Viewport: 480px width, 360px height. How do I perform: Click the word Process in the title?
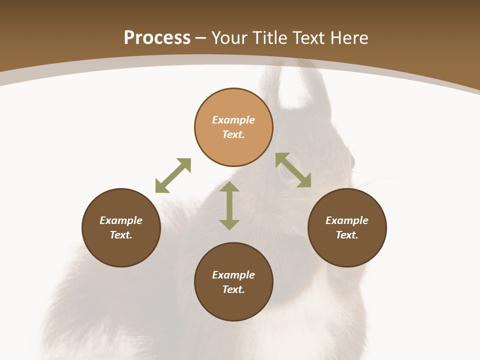coord(157,38)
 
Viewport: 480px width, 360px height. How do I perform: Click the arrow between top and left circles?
coord(173,175)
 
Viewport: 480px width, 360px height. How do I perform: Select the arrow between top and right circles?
coord(293,170)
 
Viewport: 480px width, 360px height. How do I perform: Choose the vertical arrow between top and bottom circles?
coord(229,205)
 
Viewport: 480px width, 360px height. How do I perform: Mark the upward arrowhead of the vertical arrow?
coord(229,186)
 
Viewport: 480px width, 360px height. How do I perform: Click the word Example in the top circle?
coord(233,120)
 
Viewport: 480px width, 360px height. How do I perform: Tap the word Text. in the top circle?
coord(233,134)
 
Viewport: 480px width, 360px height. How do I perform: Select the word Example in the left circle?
coord(121,220)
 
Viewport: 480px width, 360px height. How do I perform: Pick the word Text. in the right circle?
coord(347,235)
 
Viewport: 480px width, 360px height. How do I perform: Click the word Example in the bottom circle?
coord(233,275)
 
